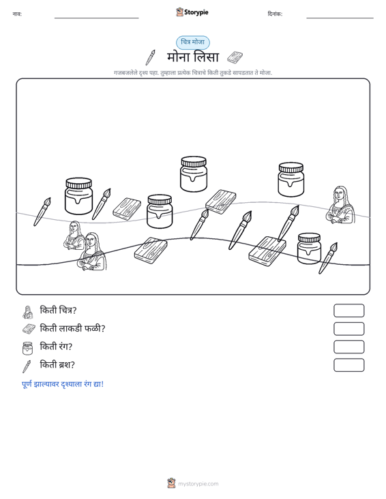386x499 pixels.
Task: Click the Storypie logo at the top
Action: pyautogui.click(x=192, y=12)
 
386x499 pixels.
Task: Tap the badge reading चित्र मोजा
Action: pyautogui.click(x=193, y=42)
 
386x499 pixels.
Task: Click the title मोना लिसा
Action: pyautogui.click(x=193, y=57)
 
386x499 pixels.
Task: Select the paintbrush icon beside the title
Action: pyautogui.click(x=151, y=57)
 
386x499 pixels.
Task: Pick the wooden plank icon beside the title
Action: pyautogui.click(x=235, y=57)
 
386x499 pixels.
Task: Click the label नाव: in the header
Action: pyautogui.click(x=17, y=14)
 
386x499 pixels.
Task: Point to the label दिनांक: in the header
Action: pyautogui.click(x=275, y=14)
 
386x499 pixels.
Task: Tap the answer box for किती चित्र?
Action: pyautogui.click(x=348, y=310)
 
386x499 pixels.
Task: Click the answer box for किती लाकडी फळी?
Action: pyautogui.click(x=348, y=329)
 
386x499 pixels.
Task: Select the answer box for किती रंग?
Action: pyautogui.click(x=348, y=347)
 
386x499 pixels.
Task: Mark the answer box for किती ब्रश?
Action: pyautogui.click(x=348, y=365)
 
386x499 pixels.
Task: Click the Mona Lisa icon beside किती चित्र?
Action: pyautogui.click(x=28, y=312)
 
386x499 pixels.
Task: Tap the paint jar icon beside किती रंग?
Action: pyautogui.click(x=27, y=348)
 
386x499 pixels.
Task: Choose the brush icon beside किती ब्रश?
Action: pyautogui.click(x=27, y=366)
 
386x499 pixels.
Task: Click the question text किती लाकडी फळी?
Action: pyautogui.click(x=72, y=328)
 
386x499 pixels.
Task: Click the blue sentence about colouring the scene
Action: pyautogui.click(x=63, y=384)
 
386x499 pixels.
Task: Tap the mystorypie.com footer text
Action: pyautogui.click(x=198, y=484)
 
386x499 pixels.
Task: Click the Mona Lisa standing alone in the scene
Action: pyautogui.click(x=340, y=205)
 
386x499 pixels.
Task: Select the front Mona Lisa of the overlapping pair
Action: pyautogui.click(x=92, y=251)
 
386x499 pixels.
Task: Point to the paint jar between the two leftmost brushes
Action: pyautogui.click(x=78, y=195)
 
